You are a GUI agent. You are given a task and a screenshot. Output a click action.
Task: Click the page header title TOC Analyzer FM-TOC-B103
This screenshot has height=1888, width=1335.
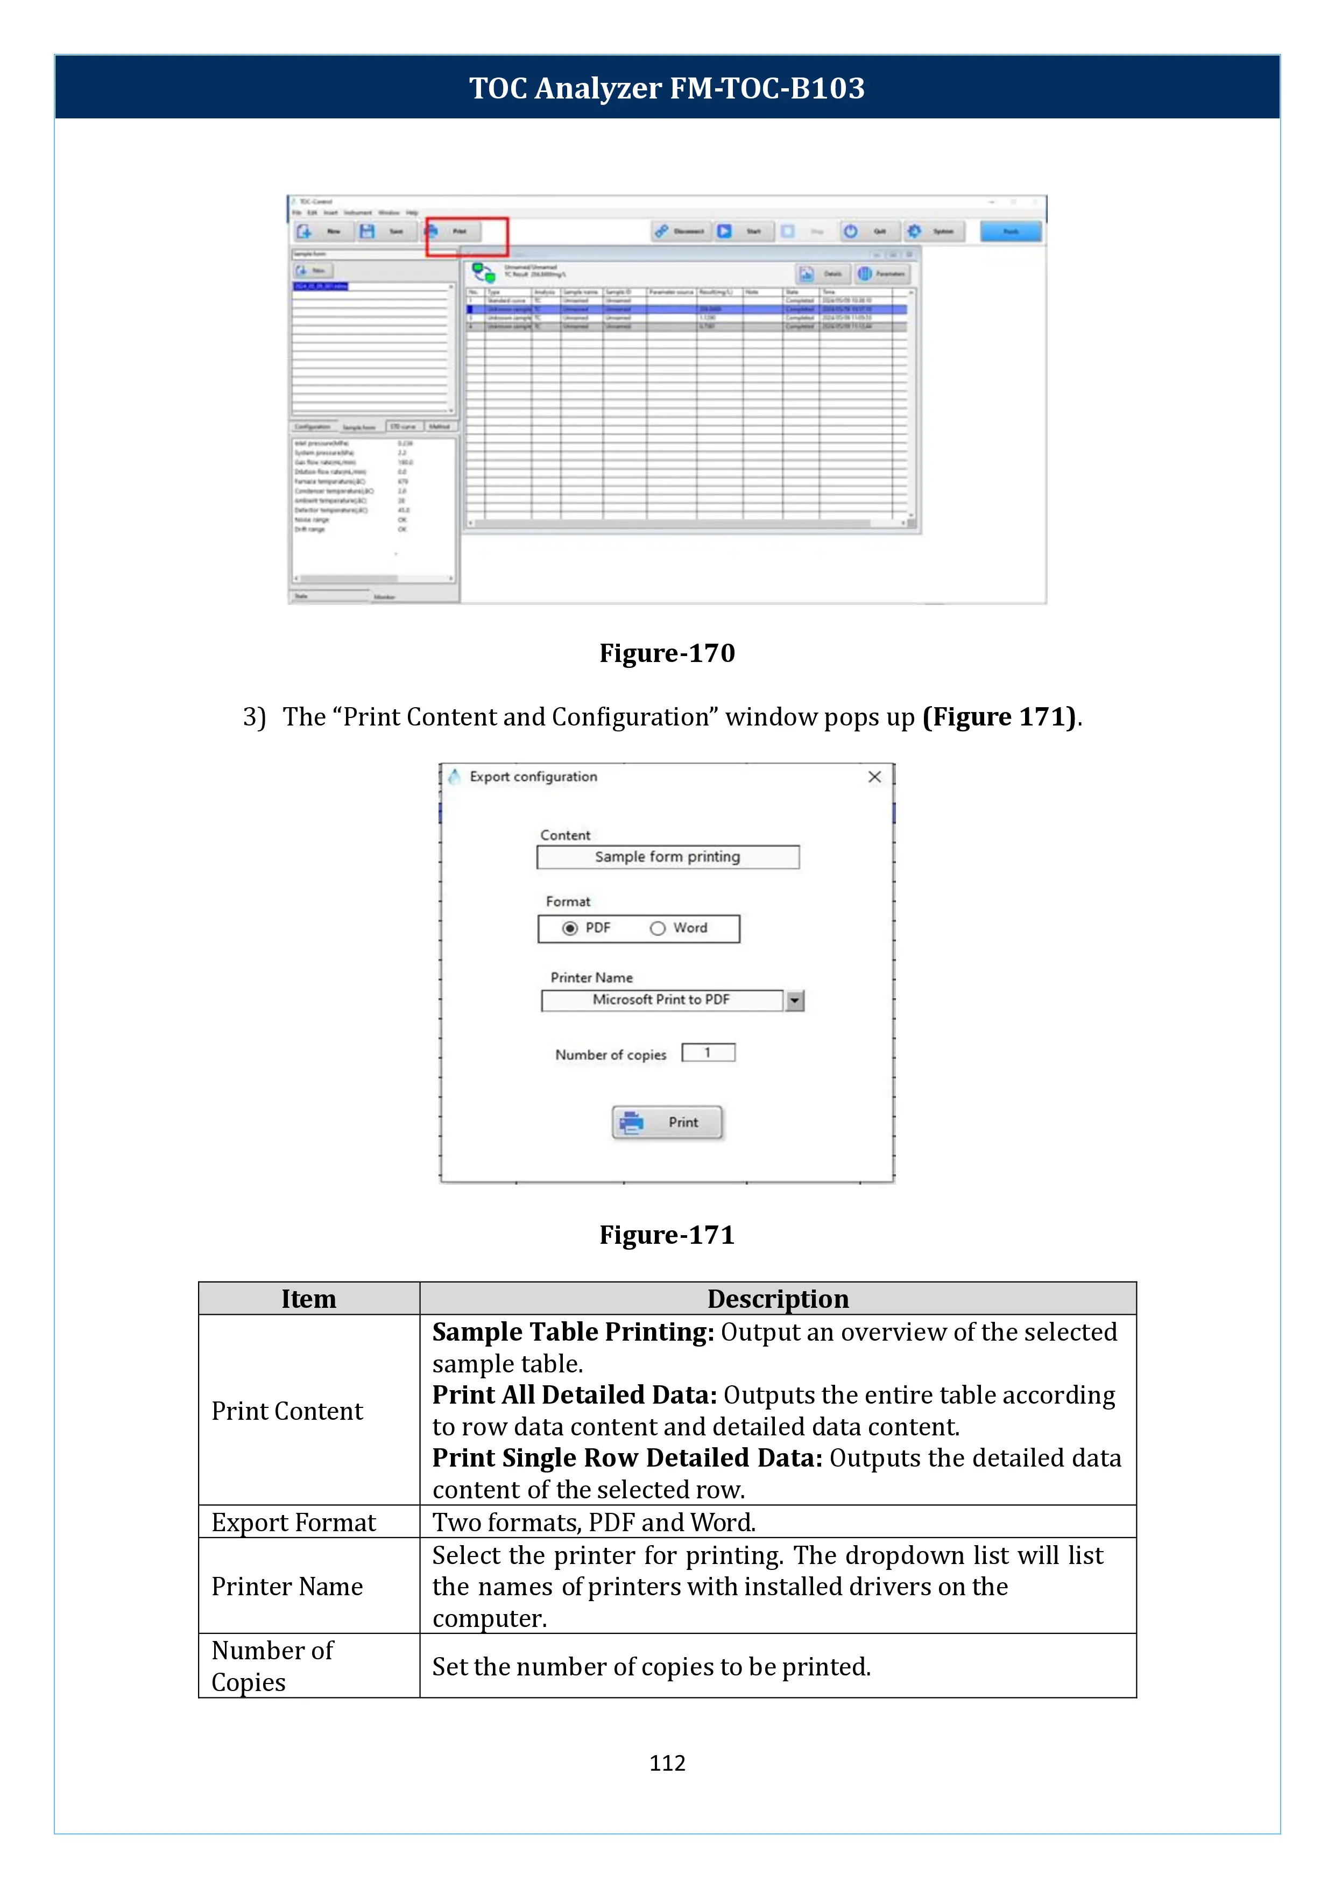pos(667,88)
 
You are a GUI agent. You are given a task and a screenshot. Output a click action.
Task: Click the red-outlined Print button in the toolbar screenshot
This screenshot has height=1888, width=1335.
pos(466,236)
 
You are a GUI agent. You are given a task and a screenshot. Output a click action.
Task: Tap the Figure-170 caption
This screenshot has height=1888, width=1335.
pos(667,653)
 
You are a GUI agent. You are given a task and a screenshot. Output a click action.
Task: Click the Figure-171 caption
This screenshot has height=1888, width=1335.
pos(667,1235)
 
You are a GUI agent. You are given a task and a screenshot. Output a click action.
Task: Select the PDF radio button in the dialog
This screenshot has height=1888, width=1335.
pos(570,928)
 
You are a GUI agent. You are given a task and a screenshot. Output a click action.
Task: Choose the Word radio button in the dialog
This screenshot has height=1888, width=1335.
pos(658,928)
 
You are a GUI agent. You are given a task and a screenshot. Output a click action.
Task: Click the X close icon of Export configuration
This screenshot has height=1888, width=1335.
pos(874,777)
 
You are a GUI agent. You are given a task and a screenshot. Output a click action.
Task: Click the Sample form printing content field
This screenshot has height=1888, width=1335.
pos(667,857)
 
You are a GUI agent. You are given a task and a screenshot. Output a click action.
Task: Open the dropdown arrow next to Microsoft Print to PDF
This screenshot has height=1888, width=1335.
pos(794,1001)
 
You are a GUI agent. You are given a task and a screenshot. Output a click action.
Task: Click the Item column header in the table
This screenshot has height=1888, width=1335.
pos(308,1299)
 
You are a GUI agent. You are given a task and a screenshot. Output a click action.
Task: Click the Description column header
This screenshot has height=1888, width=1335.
pos(778,1299)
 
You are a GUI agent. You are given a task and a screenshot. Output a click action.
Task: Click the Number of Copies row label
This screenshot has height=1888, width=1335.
pos(272,1666)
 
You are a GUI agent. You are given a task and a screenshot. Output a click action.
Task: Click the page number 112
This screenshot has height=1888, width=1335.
pos(667,1763)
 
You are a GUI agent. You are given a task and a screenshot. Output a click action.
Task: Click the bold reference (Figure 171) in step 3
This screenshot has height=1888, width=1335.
pos(999,717)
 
